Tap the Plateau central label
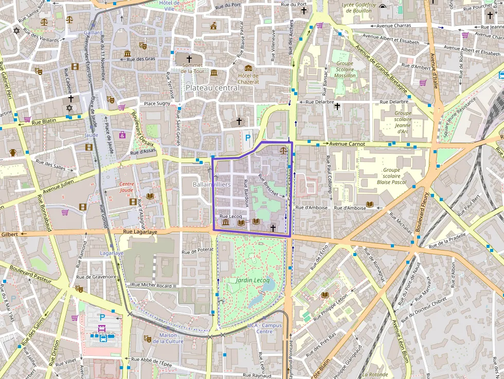(x=212, y=88)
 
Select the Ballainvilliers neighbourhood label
(x=211, y=184)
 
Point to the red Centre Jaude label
(x=127, y=187)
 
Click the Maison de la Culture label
(x=168, y=338)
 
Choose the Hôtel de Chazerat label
(x=248, y=79)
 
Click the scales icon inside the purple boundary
(x=283, y=150)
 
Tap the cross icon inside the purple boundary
(x=273, y=227)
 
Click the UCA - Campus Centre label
(x=264, y=328)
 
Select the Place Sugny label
(x=157, y=103)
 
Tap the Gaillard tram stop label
(x=93, y=32)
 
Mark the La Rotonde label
(x=375, y=374)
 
